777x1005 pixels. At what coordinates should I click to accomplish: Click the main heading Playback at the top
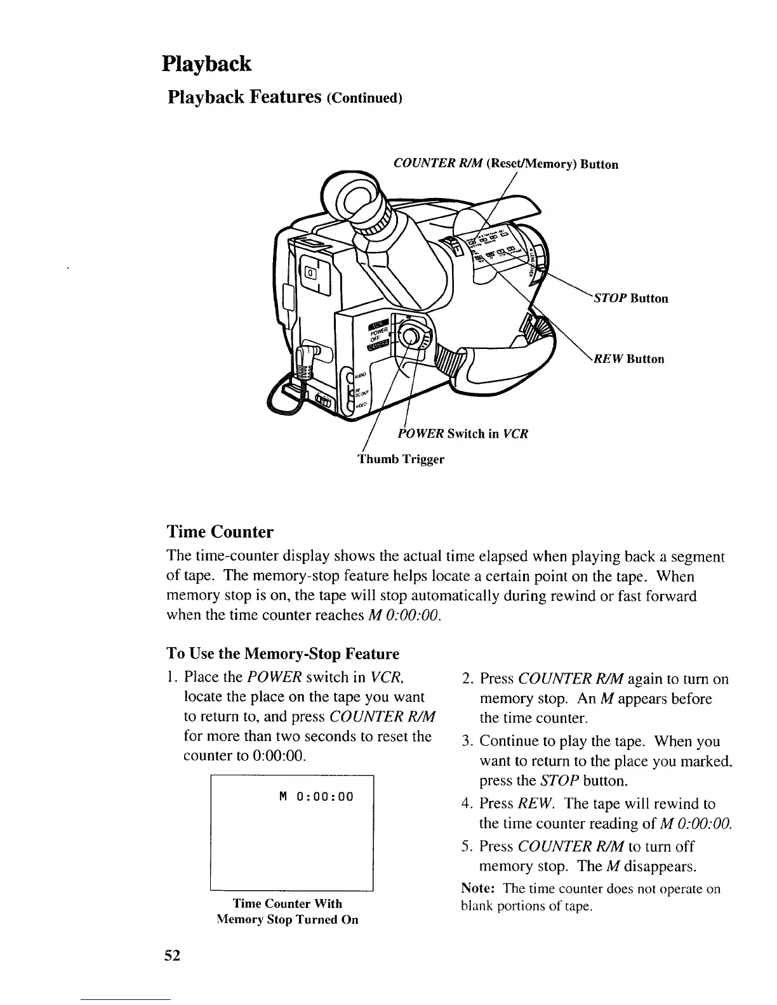(x=206, y=64)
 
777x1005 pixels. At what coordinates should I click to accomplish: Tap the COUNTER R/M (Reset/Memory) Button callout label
(x=506, y=164)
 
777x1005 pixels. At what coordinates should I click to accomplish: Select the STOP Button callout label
(x=630, y=298)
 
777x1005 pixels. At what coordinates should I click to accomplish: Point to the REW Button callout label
(x=628, y=359)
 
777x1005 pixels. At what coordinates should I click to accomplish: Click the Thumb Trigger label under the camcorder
(x=401, y=459)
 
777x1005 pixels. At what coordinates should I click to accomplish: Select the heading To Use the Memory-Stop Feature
(x=282, y=654)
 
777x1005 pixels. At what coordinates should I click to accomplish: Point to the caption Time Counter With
(x=287, y=903)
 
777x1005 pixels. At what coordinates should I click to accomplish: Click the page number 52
(x=172, y=956)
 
